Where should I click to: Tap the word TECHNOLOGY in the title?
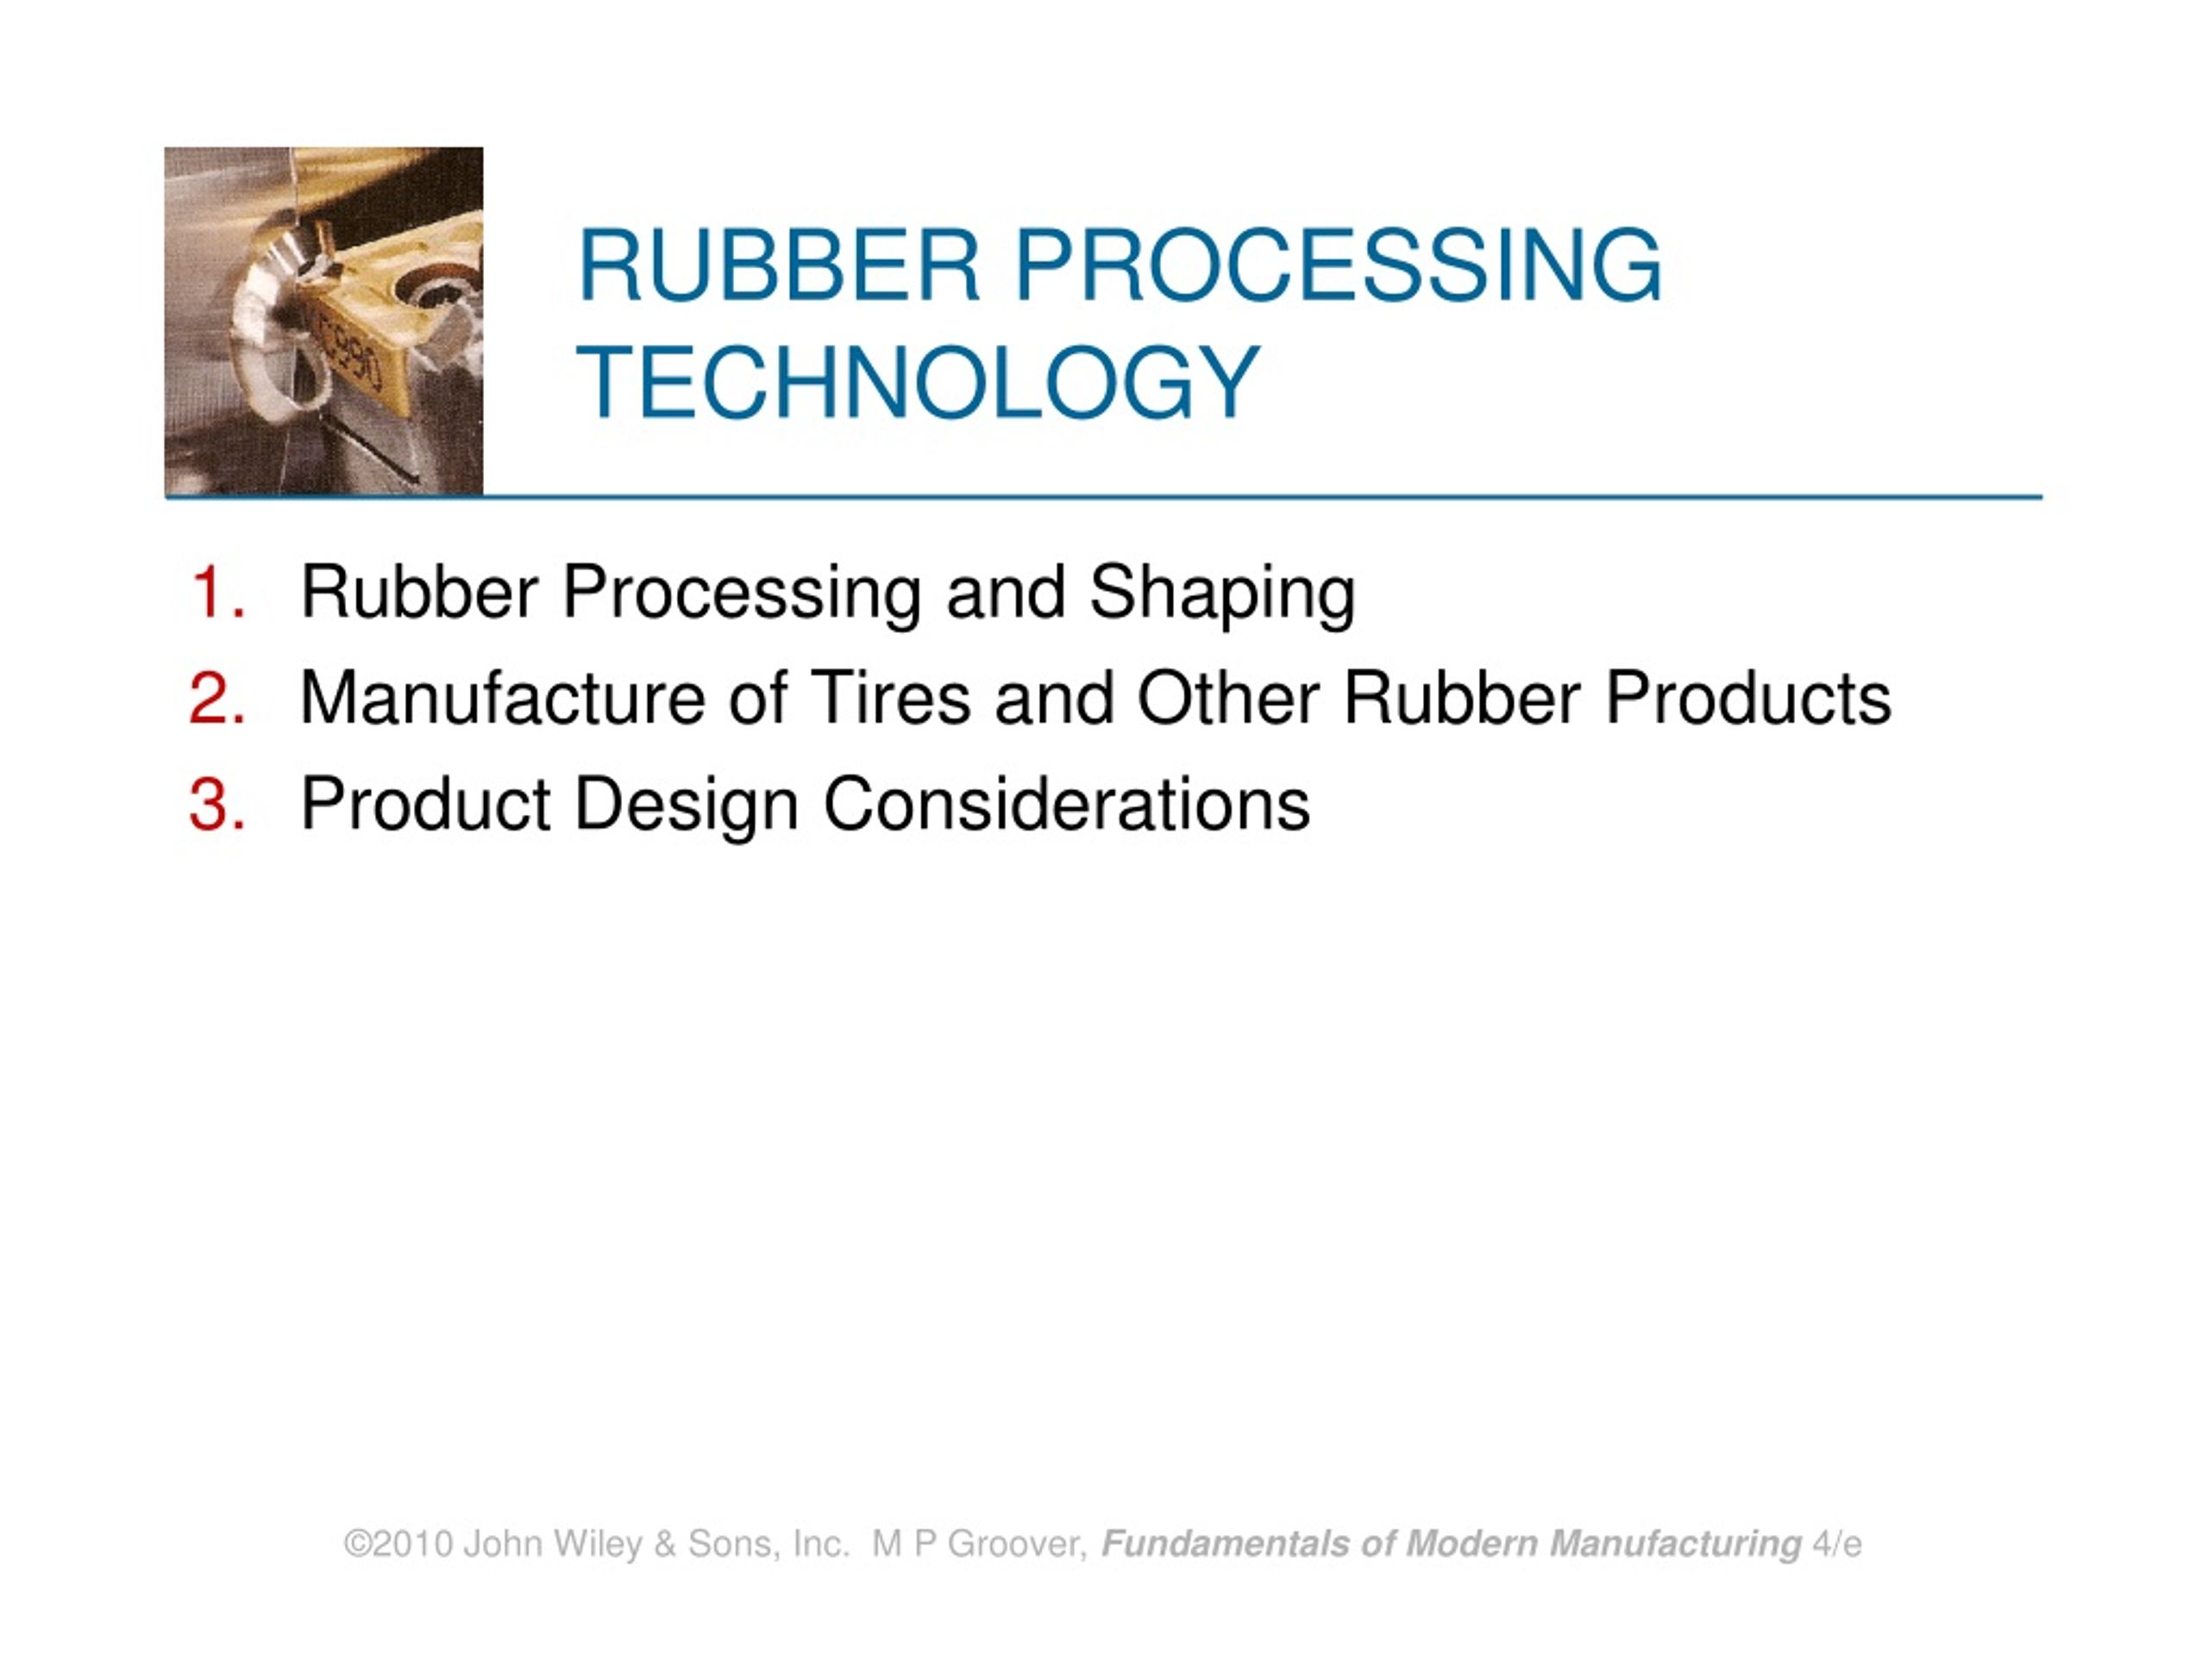pos(919,382)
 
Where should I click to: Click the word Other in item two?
pos(1228,699)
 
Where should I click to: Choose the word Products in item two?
pos(1747,699)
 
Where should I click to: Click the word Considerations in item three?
pos(1066,805)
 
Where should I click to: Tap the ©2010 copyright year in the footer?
pos(398,1544)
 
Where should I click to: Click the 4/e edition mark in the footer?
pos(1836,1544)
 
